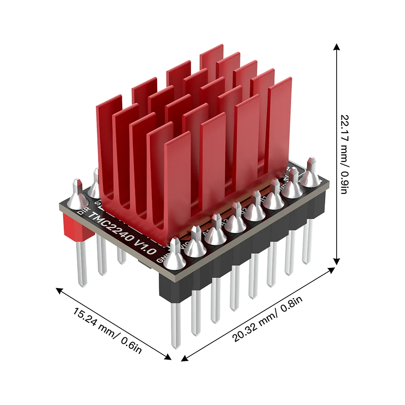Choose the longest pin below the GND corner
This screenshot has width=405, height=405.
(x=176, y=324)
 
